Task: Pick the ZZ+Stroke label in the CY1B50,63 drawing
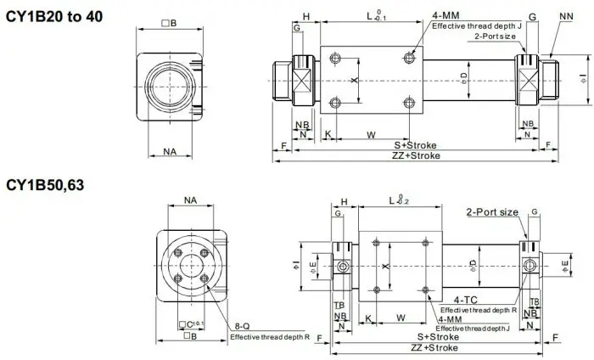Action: click(434, 348)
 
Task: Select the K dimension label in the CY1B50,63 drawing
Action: click(367, 318)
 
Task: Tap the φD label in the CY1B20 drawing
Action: click(463, 77)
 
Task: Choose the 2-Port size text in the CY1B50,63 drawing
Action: click(492, 212)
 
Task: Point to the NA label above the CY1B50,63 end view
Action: click(190, 201)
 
